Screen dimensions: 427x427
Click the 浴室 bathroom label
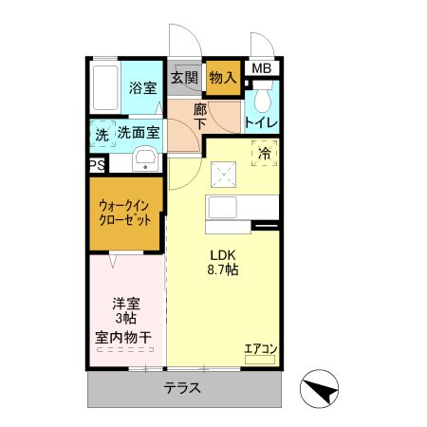(x=142, y=88)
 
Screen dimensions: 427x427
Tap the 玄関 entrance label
(x=185, y=78)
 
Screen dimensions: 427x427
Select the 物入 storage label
(x=222, y=78)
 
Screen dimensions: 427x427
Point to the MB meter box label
(x=261, y=68)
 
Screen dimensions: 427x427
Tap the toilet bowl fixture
(x=263, y=95)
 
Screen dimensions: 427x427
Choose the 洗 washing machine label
(x=102, y=135)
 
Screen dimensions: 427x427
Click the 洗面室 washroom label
(x=139, y=134)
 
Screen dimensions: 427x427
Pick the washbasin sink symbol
(x=145, y=158)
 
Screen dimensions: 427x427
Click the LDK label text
(x=223, y=253)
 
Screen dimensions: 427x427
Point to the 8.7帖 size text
(x=223, y=270)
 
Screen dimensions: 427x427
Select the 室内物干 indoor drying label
(x=127, y=337)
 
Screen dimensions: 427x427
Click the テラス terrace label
(x=180, y=388)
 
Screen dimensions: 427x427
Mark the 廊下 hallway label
(x=200, y=117)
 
